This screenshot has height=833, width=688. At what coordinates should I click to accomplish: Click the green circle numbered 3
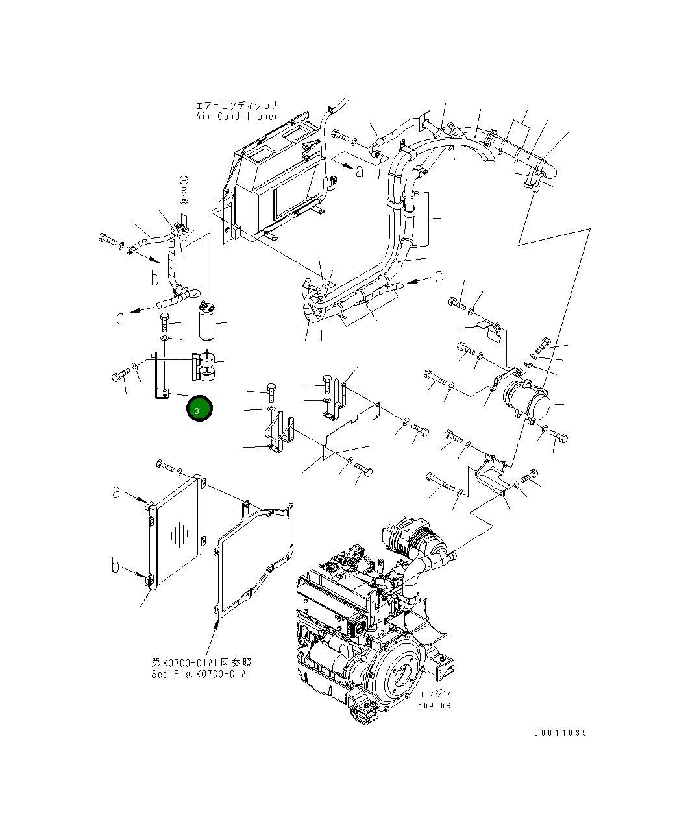click(x=199, y=409)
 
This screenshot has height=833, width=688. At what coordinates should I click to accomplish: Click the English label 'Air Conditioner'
click(x=237, y=117)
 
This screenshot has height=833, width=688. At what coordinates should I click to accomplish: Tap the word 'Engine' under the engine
click(x=434, y=705)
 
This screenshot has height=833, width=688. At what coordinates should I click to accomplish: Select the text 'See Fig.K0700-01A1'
click(x=201, y=674)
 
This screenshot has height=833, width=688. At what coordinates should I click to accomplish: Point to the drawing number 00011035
click(x=560, y=733)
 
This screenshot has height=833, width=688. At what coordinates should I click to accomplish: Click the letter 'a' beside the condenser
click(x=116, y=492)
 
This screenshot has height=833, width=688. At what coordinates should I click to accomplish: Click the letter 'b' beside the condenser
click(x=116, y=566)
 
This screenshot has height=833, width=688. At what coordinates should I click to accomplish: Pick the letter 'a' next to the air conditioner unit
click(x=360, y=171)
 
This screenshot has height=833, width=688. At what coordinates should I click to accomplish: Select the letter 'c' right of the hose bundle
click(x=439, y=276)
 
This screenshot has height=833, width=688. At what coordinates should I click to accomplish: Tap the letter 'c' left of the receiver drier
click(x=120, y=318)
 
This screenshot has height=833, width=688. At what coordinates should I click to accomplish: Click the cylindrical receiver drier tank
click(x=205, y=322)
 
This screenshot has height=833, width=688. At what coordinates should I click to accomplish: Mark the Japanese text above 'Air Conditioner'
click(x=237, y=105)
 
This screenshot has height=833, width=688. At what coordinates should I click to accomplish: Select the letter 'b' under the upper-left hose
click(x=154, y=278)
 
